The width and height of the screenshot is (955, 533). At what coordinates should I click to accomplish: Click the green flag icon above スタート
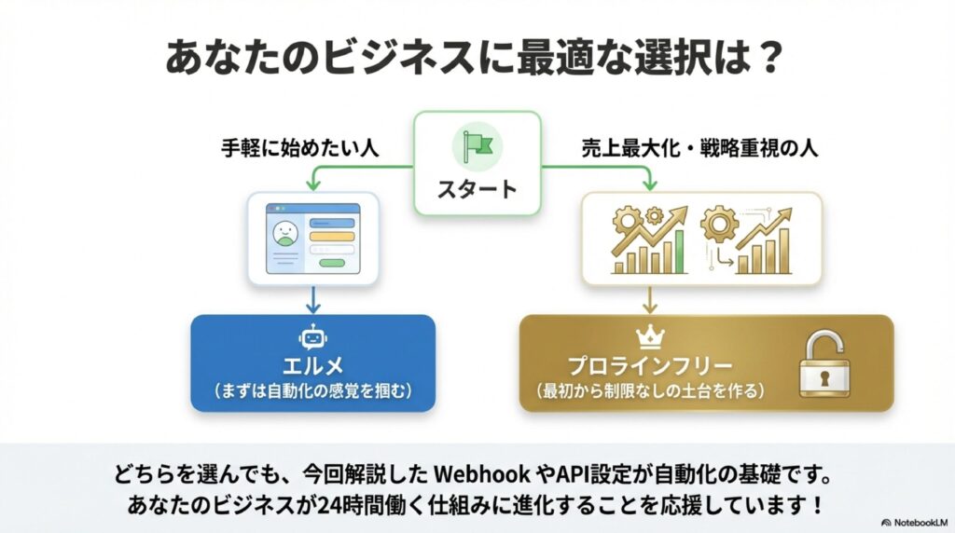(x=477, y=144)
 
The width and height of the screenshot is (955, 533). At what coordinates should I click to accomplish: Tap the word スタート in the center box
(x=477, y=189)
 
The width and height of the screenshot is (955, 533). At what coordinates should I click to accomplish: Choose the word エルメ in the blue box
(x=312, y=364)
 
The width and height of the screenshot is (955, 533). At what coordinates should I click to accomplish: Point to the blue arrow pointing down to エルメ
(x=312, y=299)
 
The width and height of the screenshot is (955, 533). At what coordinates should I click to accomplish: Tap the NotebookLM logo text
(x=918, y=523)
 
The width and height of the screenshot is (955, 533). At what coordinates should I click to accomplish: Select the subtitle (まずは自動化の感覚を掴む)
(x=312, y=389)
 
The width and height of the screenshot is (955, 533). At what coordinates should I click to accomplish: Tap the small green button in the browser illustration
(x=332, y=264)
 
